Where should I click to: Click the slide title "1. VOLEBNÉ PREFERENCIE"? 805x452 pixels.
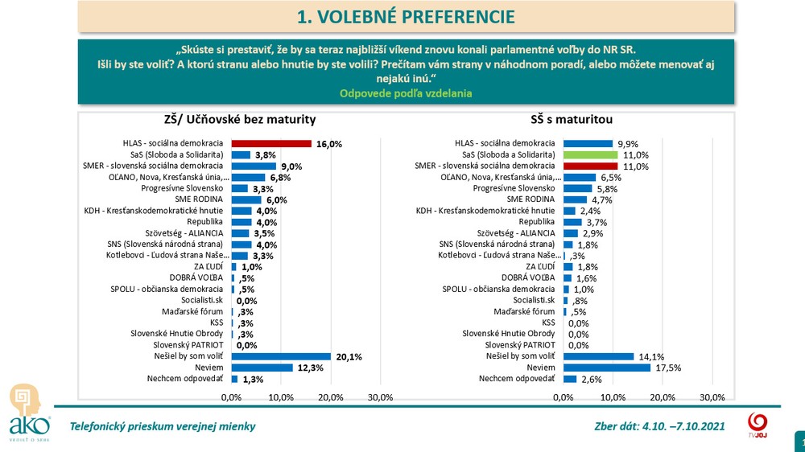click(x=406, y=16)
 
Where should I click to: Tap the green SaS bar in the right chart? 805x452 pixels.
click(x=590, y=154)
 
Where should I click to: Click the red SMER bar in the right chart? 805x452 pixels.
click(x=590, y=166)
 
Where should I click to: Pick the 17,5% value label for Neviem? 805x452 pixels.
click(x=664, y=368)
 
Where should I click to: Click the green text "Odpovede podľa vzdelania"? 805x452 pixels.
click(x=406, y=93)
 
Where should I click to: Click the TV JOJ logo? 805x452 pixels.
click(x=757, y=425)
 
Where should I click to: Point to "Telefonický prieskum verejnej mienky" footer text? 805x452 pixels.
click(x=163, y=426)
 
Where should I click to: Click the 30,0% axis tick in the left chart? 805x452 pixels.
click(x=380, y=397)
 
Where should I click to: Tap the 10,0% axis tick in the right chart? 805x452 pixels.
click(x=613, y=397)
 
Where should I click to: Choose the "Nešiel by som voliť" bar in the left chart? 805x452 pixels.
click(x=281, y=356)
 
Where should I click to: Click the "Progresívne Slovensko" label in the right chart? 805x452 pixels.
click(x=516, y=188)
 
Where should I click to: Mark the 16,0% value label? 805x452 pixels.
click(x=328, y=144)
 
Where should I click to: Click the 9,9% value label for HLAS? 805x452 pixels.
click(x=628, y=144)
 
